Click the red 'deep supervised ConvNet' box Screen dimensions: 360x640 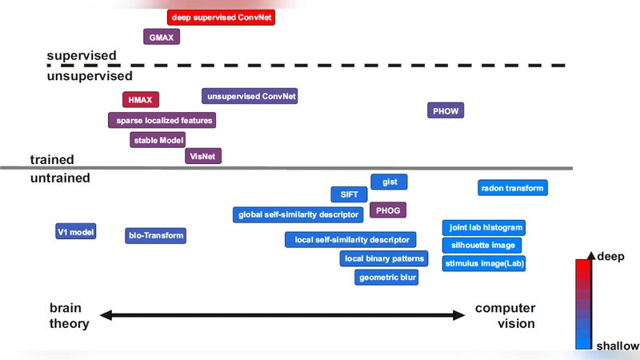pos(221,17)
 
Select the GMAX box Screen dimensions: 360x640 pos(162,37)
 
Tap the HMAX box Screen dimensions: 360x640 pos(141,99)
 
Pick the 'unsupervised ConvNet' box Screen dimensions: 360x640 pos(251,96)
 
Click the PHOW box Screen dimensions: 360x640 pos(446,110)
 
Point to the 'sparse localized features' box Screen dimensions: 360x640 pos(162,120)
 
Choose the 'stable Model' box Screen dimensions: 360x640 pos(158,140)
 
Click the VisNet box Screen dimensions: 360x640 pos(203,156)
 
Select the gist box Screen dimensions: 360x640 pos(390,182)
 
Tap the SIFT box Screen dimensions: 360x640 pos(350,194)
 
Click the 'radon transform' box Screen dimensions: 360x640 pos(512,188)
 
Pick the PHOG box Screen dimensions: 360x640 pos(388,210)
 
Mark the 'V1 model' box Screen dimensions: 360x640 pos(76,232)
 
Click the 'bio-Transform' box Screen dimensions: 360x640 pos(156,235)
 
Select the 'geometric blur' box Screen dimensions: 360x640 pos(387,277)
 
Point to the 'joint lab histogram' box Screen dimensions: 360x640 pos(483,227)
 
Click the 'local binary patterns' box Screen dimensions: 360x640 pos(384,258)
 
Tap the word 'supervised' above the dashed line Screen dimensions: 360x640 pos(82,55)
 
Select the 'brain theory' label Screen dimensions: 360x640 pos(70,315)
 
